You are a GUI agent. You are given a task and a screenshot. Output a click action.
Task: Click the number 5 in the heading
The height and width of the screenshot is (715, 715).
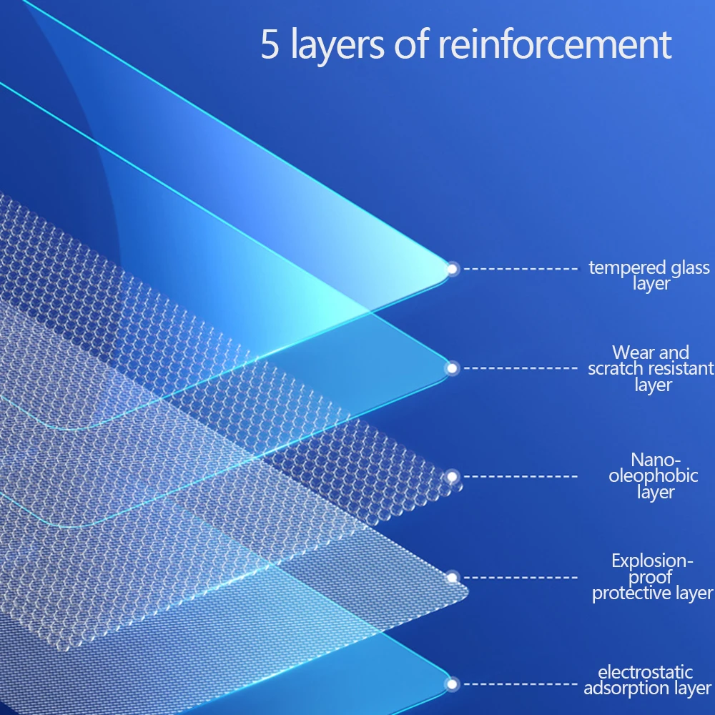click(x=270, y=44)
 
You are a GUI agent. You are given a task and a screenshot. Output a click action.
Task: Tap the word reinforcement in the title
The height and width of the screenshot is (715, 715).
click(x=555, y=44)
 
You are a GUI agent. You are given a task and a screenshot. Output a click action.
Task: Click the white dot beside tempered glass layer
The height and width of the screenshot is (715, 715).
click(x=452, y=269)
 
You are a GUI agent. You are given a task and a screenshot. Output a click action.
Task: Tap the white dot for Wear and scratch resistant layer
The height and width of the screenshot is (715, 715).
click(x=452, y=368)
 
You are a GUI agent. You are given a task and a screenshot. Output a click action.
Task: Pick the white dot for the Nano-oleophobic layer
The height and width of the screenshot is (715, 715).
click(x=452, y=476)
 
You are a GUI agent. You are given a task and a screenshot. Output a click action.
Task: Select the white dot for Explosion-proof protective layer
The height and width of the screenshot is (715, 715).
click(x=452, y=576)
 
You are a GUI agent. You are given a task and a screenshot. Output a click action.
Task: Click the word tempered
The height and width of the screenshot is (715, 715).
click(x=618, y=268)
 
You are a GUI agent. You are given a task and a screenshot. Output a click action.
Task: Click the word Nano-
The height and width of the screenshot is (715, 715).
click(x=656, y=460)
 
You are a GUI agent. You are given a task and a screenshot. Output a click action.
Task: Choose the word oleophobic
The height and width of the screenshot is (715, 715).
click(x=653, y=476)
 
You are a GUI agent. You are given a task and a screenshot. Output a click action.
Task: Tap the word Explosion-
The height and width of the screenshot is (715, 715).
click(x=653, y=561)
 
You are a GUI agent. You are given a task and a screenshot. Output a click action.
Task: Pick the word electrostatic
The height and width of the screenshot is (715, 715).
click(x=646, y=672)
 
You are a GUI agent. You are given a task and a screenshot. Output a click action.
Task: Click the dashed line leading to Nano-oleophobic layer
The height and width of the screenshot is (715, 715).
click(x=520, y=476)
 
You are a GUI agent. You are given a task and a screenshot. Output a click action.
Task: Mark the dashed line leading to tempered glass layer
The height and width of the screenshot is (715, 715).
click(x=520, y=269)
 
